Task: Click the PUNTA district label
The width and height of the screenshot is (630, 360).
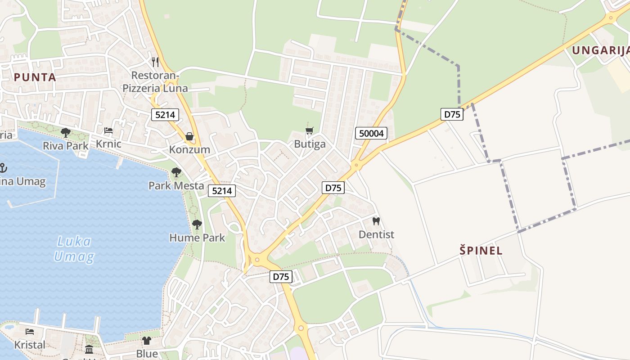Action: tap(35, 77)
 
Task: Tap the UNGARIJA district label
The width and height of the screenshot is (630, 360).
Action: tap(600, 50)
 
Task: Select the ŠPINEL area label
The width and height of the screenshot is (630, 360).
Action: tap(481, 251)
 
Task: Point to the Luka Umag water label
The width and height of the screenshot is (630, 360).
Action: tap(74, 249)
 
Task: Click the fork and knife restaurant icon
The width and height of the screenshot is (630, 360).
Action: tap(155, 62)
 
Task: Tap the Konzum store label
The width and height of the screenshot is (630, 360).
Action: tap(189, 149)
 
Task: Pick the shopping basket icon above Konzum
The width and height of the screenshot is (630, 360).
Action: tap(189, 136)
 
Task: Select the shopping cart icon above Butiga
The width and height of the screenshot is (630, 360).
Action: tap(310, 131)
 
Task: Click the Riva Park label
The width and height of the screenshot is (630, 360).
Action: tap(66, 145)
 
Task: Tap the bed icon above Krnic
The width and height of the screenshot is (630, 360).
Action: tap(108, 131)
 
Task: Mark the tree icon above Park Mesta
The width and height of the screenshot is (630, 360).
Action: tap(176, 172)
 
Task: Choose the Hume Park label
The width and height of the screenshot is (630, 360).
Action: tap(197, 237)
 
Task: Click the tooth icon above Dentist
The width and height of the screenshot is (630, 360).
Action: tap(376, 221)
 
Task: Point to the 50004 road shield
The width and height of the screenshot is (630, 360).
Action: tap(371, 133)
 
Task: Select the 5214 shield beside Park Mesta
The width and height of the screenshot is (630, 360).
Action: tap(222, 191)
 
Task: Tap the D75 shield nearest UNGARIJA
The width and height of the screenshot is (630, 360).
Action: tap(452, 114)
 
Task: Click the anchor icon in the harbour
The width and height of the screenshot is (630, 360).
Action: tap(3, 168)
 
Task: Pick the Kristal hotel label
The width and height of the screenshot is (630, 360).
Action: tap(30, 345)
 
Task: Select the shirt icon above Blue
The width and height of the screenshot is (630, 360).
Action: tap(147, 341)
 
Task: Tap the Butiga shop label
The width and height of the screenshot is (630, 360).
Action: tap(310, 144)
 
